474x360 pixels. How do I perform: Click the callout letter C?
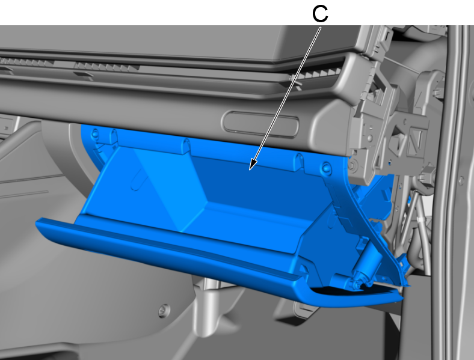[x=320, y=14]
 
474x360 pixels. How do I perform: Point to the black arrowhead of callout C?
[x=253, y=165]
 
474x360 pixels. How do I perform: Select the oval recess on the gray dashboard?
[x=260, y=124]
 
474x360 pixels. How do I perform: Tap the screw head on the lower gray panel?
[x=164, y=311]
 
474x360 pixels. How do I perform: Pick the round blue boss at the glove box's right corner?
[x=327, y=168]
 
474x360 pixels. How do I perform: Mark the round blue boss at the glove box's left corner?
[x=95, y=133]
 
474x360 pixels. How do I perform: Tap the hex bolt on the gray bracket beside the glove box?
[x=352, y=165]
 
